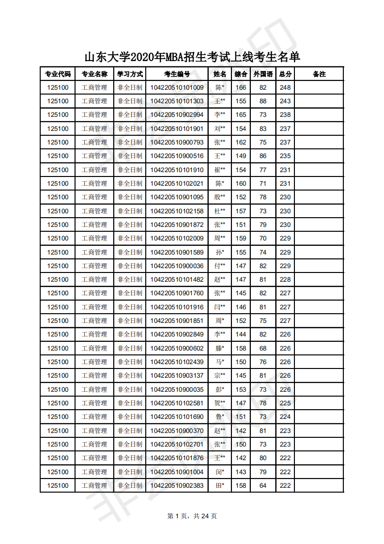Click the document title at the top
click(x=192, y=57)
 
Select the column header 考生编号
click(x=177, y=74)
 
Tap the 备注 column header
click(x=319, y=74)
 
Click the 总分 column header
click(x=285, y=74)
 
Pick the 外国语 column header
click(x=263, y=74)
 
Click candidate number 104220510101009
click(x=177, y=88)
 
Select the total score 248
click(x=285, y=88)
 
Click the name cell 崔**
click(x=220, y=170)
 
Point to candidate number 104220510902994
click(x=177, y=115)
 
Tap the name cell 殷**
click(x=220, y=197)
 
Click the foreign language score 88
click(x=263, y=101)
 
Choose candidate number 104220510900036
click(x=177, y=266)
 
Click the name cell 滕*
click(x=220, y=348)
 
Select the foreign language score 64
click(x=263, y=485)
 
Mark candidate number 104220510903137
click(x=177, y=375)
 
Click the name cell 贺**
click(x=220, y=403)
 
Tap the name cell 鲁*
click(x=220, y=416)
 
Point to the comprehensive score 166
click(x=241, y=88)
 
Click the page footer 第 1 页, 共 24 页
click(x=192, y=516)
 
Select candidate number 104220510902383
click(x=177, y=485)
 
